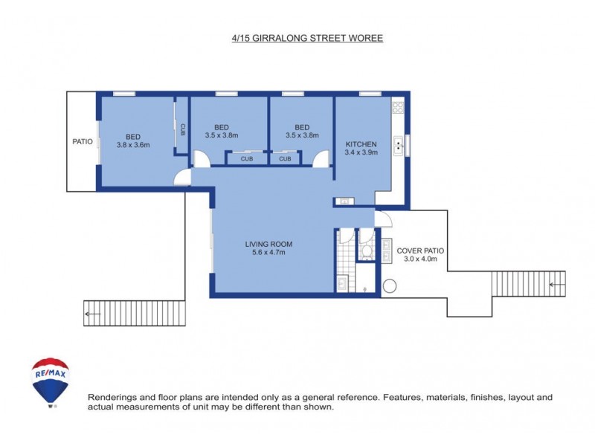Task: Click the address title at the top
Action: [307, 36]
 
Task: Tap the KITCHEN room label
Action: [361, 144]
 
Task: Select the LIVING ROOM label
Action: [268, 244]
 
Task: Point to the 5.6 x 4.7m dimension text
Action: [268, 253]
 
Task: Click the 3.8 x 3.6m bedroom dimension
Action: [133, 145]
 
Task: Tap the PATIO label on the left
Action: [83, 141]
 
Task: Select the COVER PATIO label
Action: [421, 251]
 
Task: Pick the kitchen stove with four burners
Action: [398, 108]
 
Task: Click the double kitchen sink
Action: [399, 145]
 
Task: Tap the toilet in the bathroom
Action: [366, 251]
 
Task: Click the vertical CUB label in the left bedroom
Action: [182, 127]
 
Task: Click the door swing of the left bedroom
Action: [180, 176]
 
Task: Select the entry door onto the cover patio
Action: [383, 219]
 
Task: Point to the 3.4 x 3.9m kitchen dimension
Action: [361, 153]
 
